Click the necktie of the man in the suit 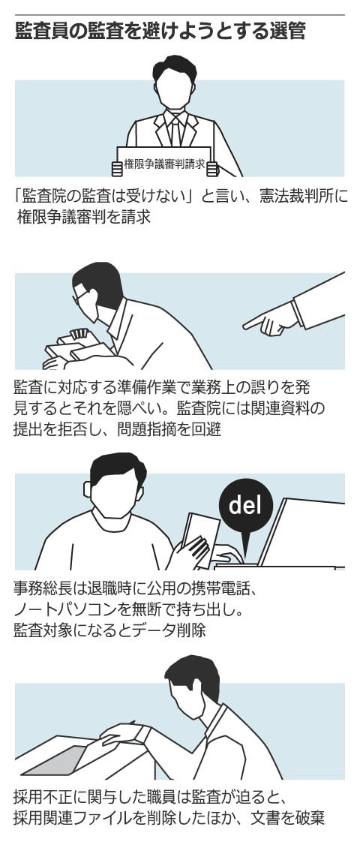click(x=175, y=132)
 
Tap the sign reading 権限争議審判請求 click(x=164, y=163)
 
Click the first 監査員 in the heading click(x=42, y=32)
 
